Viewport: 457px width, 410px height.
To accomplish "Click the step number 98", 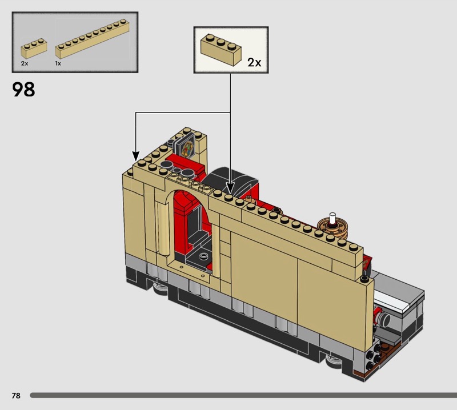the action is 23,90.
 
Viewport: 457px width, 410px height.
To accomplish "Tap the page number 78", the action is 16,395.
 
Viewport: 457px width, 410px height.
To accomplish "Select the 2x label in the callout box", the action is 254,62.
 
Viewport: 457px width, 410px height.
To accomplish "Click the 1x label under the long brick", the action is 58,63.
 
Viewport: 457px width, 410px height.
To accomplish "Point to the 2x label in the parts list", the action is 25,63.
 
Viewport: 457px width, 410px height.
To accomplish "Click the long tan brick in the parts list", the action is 92,39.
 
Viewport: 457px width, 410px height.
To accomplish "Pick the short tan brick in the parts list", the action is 34,49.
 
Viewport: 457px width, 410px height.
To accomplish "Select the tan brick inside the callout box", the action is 221,50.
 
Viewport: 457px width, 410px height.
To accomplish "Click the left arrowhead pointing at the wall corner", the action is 136,156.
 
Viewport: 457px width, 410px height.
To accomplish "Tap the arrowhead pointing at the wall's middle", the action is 230,188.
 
